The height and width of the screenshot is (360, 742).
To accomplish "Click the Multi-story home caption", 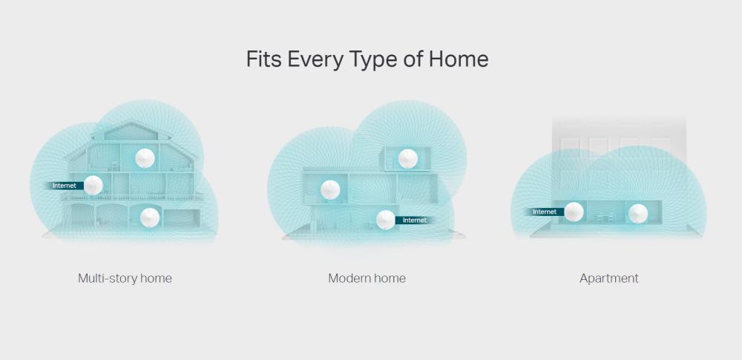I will tap(125, 278).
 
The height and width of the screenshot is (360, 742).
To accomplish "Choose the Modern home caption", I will tap(367, 278).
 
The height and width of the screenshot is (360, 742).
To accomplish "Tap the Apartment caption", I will tap(608, 278).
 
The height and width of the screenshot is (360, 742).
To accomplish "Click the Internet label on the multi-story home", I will tap(65, 185).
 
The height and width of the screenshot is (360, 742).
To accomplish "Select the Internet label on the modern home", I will tap(414, 220).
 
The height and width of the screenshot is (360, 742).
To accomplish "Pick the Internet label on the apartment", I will tap(544, 212).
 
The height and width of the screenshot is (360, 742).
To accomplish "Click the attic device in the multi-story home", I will tap(145, 157).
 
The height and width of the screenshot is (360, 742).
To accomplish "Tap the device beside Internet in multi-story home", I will tap(93, 185).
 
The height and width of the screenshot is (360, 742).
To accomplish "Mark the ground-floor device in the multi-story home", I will tap(150, 216).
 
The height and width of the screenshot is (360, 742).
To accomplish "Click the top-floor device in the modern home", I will tap(408, 158).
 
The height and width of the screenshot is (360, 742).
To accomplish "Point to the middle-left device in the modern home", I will tap(330, 190).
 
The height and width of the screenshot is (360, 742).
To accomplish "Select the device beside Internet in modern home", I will tap(385, 220).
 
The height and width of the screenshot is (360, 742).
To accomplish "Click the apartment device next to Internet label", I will tap(573, 212).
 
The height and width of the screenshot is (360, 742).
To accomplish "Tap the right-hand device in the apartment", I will tap(637, 214).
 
